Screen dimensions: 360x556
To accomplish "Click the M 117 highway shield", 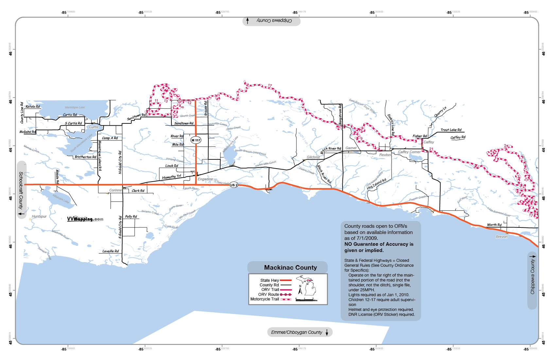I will coord(196,140).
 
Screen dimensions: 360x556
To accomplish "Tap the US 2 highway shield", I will coord(234,185).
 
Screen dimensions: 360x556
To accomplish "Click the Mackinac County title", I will coord(290,267).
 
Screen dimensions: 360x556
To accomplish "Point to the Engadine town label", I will coord(205,179).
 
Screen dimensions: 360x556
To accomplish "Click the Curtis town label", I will coord(94,127).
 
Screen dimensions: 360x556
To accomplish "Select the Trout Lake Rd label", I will coord(451,130).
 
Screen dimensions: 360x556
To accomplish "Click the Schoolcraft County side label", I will coord(21,190).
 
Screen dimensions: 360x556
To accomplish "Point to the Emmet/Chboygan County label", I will coord(297,332).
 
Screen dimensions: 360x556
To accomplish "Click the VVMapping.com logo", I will coord(85,219).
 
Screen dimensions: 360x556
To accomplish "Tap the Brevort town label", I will coord(501,237).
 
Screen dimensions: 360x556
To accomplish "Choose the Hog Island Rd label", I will coord(376,184).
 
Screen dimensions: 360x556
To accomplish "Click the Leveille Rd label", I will coord(111,251).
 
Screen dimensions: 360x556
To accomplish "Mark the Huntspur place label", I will coord(39,216).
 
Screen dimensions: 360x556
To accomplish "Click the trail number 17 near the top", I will coord(270,86).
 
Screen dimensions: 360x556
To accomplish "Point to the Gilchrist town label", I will coord(313,157).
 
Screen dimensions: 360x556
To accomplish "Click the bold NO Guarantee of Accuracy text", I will coord(379,247).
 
